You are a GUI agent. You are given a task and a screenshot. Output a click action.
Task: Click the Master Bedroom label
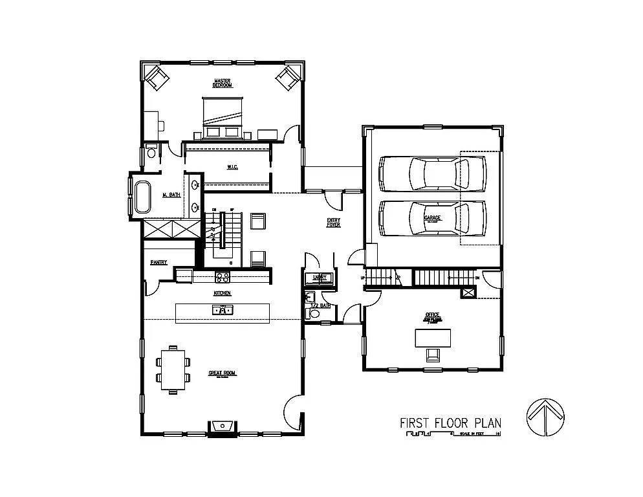point(223,83)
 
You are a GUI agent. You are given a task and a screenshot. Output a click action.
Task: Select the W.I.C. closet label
point(233,167)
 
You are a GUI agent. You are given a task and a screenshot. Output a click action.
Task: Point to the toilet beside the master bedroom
point(151,153)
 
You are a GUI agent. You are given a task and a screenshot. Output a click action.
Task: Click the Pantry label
point(159,262)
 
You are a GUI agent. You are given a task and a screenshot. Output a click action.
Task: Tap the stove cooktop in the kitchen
point(222,277)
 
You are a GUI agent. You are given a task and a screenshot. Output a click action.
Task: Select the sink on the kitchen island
point(222,311)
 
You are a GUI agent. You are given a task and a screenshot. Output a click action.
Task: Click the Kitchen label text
point(223,293)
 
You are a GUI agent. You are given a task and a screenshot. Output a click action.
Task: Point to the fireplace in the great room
point(223,426)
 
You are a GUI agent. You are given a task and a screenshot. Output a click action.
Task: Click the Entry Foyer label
point(333,222)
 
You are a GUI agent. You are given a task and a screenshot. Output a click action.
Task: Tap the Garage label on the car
point(432,218)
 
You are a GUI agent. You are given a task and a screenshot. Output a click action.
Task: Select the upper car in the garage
point(433,173)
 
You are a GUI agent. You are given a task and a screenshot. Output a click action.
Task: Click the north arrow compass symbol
point(545,418)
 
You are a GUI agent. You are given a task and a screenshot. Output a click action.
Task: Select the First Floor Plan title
point(450,423)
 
